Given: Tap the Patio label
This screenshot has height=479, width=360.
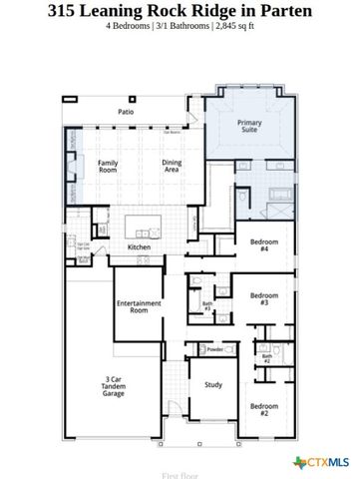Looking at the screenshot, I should [x=127, y=113].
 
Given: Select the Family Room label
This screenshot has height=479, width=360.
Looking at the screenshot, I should [x=110, y=167].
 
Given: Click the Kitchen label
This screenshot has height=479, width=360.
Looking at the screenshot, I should [x=139, y=247].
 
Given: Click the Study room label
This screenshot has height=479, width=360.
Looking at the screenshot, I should [x=212, y=384].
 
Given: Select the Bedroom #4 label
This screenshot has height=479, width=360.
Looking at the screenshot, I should [x=264, y=246].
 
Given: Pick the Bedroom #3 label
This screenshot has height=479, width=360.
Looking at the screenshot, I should [x=264, y=298].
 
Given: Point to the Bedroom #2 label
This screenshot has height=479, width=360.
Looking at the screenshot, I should [x=264, y=409].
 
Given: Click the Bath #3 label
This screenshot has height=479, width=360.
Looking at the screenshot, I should [x=207, y=306].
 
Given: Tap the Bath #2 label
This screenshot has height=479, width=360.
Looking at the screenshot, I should [x=266, y=357].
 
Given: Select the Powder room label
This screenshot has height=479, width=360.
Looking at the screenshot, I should [x=213, y=349].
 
